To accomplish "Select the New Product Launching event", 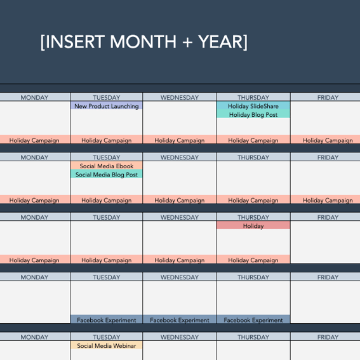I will tap(106, 106).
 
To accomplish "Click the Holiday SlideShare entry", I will tap(253, 106).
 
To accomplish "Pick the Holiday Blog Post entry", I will tap(253, 115).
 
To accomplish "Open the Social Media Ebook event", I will tap(106, 166).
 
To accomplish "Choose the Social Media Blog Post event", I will tap(106, 175).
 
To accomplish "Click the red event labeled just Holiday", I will tap(253, 226).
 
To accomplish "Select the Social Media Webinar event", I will tap(106, 346).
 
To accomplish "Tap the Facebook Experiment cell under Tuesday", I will tap(106, 320).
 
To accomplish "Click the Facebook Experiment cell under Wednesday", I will tap(180, 320).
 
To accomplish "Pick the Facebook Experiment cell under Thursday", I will tap(253, 320).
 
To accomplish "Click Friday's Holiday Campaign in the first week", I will tap(327, 140).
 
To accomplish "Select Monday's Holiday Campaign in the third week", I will tap(34, 260).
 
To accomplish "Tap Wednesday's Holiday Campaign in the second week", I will tap(180, 200).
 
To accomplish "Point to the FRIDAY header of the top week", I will tap(327, 97).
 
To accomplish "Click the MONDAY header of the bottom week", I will tap(34, 337).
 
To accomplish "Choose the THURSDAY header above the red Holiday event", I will tap(253, 217).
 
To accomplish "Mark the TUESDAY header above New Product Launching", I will tap(106, 97).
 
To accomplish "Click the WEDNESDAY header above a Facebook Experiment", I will tap(180, 277).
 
